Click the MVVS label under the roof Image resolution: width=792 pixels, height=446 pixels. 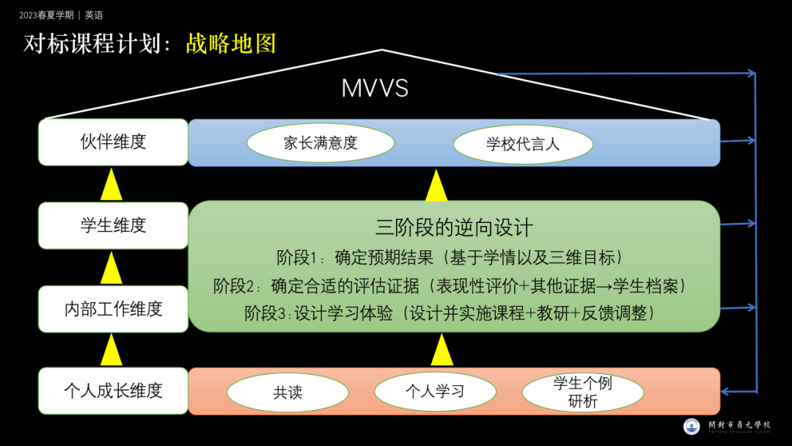coord(375,89)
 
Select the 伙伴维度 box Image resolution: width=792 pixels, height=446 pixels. coord(113,142)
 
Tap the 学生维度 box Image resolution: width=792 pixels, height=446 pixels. coord(113,225)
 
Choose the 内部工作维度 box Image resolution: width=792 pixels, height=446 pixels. coord(113,309)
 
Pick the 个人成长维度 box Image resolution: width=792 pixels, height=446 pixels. coord(113,391)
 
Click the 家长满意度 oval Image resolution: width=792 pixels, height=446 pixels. coord(320,143)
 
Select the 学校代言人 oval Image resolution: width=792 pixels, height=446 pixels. coord(522,144)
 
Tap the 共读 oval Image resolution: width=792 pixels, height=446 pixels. coord(287,392)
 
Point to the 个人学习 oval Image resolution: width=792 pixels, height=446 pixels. coord(435,391)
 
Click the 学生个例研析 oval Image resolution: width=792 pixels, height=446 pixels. coord(582,392)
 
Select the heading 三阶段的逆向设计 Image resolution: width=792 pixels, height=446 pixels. coord(454,227)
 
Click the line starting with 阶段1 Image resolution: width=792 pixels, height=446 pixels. coord(450,257)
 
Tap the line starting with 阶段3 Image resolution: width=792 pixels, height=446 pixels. coord(449,313)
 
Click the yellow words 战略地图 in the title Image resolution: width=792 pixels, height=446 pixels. coord(231,43)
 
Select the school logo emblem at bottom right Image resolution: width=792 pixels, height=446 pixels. coord(692,426)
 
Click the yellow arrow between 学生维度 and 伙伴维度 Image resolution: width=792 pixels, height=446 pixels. coord(111,184)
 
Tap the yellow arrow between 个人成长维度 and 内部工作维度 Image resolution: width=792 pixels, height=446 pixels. coord(111,349)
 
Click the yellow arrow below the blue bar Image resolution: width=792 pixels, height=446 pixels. coord(436,186)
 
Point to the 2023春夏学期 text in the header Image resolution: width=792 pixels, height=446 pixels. coord(46,15)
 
